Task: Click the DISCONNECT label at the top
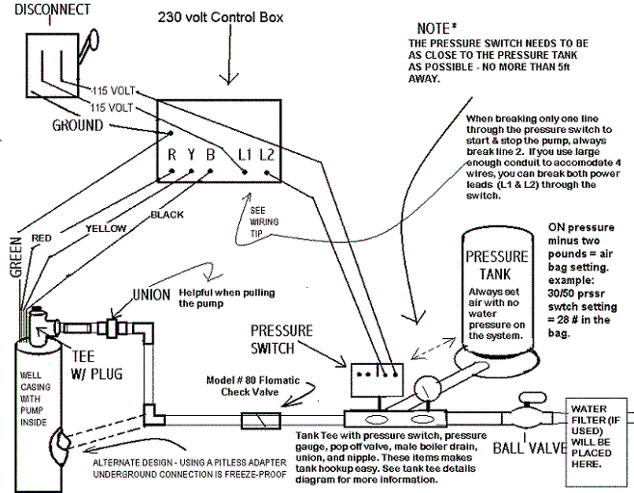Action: click(53, 10)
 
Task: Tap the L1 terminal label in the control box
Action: click(245, 155)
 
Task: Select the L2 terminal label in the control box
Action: click(267, 155)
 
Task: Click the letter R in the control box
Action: click(172, 154)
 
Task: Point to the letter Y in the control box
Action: click(191, 154)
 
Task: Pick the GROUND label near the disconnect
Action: click(78, 125)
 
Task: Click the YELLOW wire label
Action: click(106, 229)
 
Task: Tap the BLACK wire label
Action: click(167, 215)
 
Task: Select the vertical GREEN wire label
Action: click(15, 257)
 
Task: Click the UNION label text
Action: click(151, 295)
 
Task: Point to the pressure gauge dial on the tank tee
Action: click(428, 389)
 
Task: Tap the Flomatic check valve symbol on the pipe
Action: click(261, 420)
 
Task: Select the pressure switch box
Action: click(377, 379)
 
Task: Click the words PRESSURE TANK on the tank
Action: click(496, 266)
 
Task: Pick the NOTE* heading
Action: click(436, 28)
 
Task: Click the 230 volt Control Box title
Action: click(221, 17)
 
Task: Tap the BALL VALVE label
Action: click(530, 448)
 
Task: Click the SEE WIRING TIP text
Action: click(264, 221)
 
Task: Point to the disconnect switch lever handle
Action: click(90, 44)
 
